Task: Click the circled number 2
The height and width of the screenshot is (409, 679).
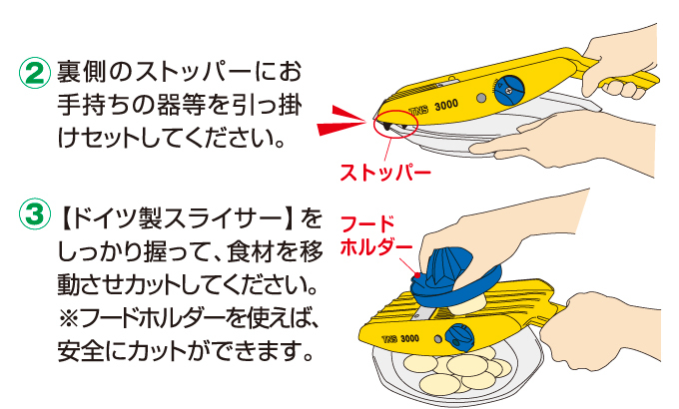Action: pyautogui.click(x=33, y=73)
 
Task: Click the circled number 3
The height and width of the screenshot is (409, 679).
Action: pyautogui.click(x=33, y=216)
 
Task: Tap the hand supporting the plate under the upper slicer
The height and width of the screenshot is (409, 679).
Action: pyautogui.click(x=539, y=149)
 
